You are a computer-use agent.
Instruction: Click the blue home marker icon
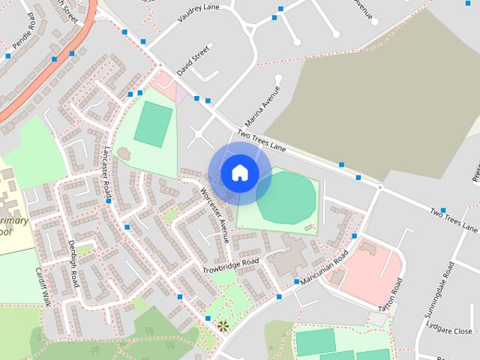point(239,172)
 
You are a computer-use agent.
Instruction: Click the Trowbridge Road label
point(230,265)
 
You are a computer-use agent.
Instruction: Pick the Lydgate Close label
point(448,331)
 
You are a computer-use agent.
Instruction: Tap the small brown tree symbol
point(222,325)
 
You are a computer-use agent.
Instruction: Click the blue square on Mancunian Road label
point(298,281)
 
